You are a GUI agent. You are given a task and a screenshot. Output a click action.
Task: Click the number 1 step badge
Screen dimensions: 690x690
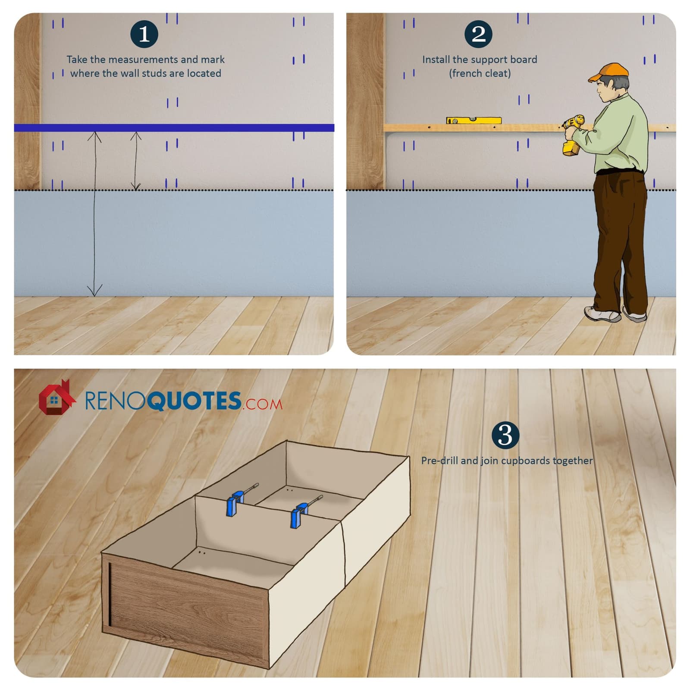(x=144, y=34)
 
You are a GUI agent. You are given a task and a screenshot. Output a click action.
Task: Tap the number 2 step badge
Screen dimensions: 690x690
(x=478, y=34)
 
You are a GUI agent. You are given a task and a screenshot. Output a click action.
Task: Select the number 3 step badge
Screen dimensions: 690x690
(x=505, y=435)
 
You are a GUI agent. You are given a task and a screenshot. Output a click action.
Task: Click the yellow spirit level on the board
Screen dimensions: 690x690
(x=474, y=120)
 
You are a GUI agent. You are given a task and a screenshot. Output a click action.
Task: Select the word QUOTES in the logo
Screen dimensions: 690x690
(x=194, y=401)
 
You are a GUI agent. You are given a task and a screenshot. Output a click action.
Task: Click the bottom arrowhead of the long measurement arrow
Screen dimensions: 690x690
(x=94, y=290)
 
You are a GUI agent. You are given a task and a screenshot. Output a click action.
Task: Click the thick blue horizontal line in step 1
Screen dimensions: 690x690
(x=174, y=128)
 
